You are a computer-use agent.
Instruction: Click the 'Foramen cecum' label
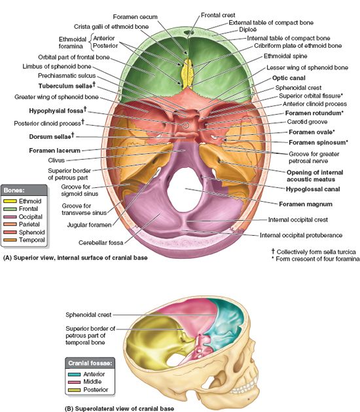pos(135,17)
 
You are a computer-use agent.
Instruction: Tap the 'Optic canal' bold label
pos(289,78)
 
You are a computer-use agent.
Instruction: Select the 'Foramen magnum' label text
pos(306,204)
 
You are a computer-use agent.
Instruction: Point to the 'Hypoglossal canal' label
pos(313,189)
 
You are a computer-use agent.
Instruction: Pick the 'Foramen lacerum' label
pos(54,151)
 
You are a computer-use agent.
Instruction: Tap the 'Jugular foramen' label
pos(89,225)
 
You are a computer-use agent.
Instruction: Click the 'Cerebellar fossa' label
pos(101,243)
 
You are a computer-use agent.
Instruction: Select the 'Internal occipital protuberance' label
pos(301,235)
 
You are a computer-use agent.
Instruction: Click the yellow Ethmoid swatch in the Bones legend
pos(10,201)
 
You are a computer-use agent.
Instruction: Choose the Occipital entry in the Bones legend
pos(23,217)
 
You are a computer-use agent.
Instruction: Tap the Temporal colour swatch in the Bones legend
pos(10,240)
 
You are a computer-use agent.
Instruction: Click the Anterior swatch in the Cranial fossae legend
pos(74,374)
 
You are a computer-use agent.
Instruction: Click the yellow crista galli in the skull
pos(187,73)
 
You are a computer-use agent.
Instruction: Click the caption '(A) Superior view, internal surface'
pos(75,258)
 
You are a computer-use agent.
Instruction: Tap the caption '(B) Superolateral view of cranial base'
pos(119,409)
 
